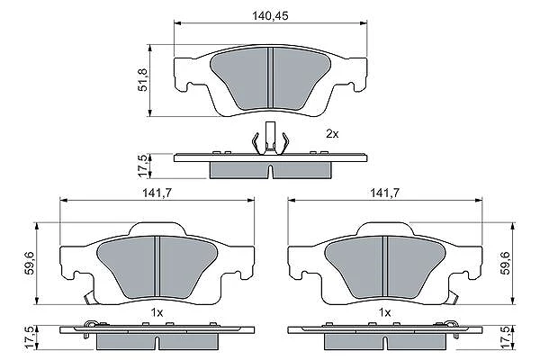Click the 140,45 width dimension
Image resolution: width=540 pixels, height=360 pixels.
(270, 16)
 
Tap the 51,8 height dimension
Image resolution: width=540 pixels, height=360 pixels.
(142, 80)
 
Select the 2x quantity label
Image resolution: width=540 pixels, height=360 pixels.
(332, 134)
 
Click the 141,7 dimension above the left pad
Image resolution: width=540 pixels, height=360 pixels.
(157, 193)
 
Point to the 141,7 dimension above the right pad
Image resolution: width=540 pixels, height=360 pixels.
(384, 193)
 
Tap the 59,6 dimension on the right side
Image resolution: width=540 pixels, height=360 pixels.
(506, 263)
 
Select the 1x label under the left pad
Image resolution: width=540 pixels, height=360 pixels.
(157, 313)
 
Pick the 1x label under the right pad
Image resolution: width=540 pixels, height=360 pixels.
(384, 313)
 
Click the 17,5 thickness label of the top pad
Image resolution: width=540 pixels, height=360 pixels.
(142, 166)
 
